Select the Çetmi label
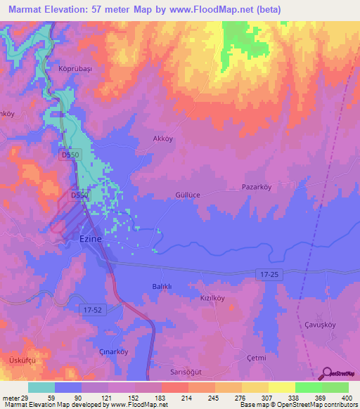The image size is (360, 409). click(257, 358)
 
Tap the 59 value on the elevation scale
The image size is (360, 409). click(51, 398)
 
